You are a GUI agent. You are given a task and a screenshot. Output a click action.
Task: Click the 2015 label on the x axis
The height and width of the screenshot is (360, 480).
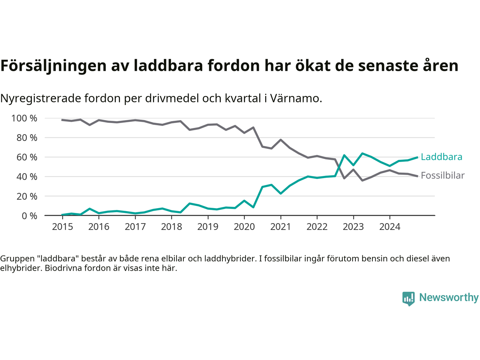click(63, 227)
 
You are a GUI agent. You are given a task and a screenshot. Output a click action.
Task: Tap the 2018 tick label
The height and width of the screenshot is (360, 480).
click(172, 227)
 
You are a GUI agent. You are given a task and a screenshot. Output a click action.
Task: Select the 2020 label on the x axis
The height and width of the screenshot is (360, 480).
click(244, 227)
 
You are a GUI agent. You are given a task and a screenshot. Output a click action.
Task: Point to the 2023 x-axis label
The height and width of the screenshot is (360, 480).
click(354, 227)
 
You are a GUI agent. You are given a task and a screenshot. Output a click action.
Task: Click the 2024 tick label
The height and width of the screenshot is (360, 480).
click(390, 227)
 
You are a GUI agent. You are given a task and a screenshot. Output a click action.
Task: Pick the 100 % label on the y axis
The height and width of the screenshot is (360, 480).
click(24, 118)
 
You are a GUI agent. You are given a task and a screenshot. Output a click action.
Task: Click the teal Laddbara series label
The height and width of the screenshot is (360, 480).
click(441, 157)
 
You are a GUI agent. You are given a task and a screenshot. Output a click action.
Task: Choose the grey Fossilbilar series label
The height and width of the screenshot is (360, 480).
click(442, 175)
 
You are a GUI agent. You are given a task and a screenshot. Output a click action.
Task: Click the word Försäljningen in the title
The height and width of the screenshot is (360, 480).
click(54, 66)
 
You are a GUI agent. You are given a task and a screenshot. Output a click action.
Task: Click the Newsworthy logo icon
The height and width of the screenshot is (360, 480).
click(408, 298)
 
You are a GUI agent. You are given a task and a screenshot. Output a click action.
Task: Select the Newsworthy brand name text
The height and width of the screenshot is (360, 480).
click(449, 297)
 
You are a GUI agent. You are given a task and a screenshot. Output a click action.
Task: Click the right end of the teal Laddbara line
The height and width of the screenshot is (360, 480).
click(417, 157)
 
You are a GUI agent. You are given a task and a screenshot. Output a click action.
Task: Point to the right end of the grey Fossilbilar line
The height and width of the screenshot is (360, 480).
click(417, 176)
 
